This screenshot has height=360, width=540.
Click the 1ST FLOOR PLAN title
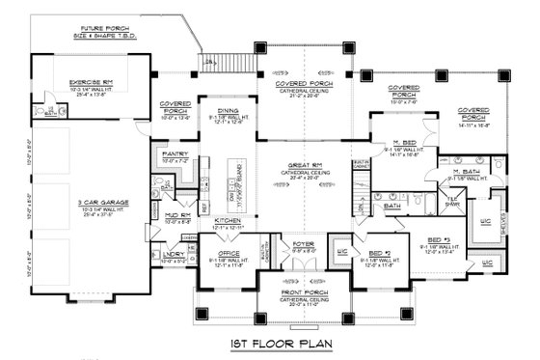coord(269,343)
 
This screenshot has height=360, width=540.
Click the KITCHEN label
coord(228,221)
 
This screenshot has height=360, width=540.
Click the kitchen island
coord(235,182)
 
